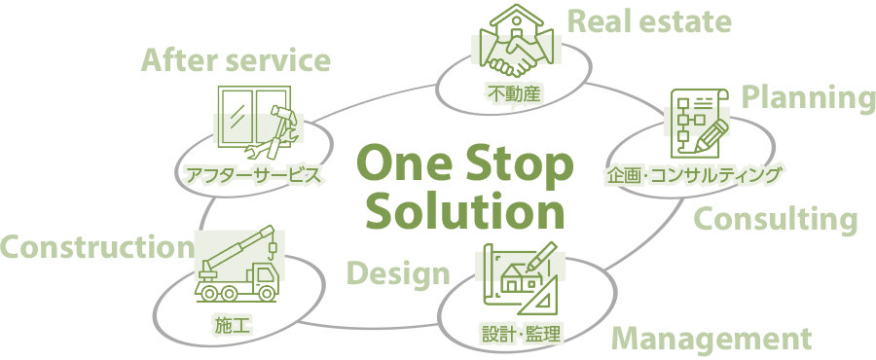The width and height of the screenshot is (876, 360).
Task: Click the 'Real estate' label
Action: [648, 21]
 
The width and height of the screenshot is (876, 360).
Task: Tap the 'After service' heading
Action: [236, 61]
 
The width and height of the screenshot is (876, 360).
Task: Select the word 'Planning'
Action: [808, 96]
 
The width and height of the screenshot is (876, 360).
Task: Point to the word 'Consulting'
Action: [775, 220]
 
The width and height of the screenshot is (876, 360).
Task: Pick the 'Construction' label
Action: [96, 247]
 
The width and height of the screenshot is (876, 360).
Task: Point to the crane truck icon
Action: [237, 264]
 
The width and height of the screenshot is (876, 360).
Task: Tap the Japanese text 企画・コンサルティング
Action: [693, 175]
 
